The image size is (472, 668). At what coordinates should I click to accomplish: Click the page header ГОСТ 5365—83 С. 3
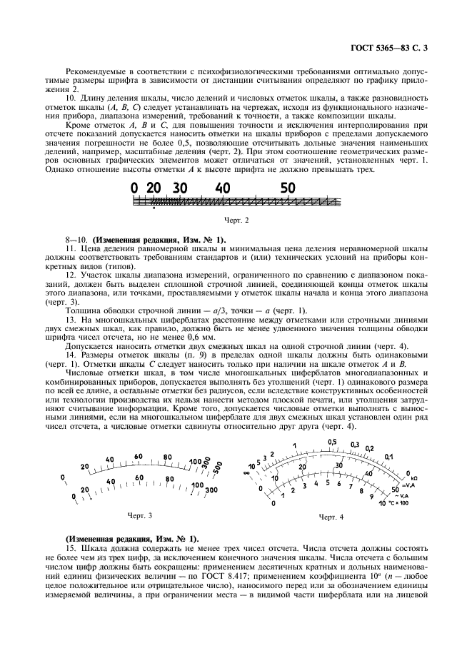(x=391, y=49)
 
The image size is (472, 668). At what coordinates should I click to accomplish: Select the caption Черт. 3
(x=140, y=515)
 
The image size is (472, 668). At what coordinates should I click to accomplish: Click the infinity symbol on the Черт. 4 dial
(x=246, y=472)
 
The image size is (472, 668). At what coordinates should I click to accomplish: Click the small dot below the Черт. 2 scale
(x=154, y=211)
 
